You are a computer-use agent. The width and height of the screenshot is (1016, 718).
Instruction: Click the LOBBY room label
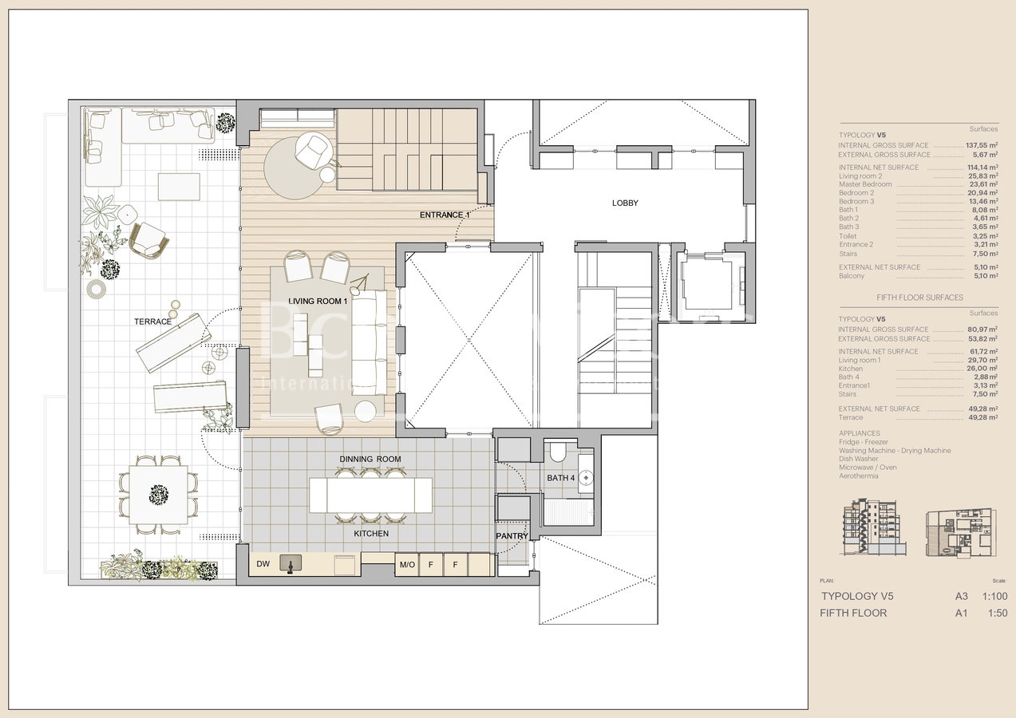click(625, 203)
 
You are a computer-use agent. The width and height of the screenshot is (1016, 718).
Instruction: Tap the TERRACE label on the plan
click(152, 322)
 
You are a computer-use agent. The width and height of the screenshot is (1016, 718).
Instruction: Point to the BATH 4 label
click(560, 478)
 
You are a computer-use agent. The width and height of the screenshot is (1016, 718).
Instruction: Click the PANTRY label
click(512, 535)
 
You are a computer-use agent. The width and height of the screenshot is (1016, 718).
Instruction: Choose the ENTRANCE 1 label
click(445, 215)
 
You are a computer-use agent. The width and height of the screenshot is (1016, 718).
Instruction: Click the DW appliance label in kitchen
click(263, 565)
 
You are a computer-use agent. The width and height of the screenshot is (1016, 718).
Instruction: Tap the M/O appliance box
click(406, 565)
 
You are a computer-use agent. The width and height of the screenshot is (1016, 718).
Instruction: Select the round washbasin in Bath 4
click(587, 478)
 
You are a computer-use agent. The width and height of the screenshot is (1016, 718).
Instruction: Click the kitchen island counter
click(371, 495)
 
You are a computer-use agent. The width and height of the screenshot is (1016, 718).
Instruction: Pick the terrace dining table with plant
click(159, 495)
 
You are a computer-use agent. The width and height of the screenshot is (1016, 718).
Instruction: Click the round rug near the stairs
click(295, 168)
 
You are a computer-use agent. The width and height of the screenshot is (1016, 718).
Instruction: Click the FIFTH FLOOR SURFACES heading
click(919, 298)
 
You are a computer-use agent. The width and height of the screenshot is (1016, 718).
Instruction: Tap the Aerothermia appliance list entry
click(858, 476)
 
